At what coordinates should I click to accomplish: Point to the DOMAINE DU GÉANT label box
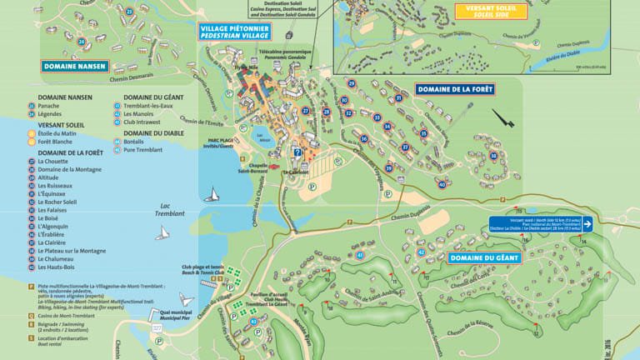[484, 257]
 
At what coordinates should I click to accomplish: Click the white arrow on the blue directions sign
[587, 223]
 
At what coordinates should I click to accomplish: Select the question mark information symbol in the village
[297, 152]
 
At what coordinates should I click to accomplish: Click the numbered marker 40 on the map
[442, 184]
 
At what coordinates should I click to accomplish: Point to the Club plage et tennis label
[203, 270]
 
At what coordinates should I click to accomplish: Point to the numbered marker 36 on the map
[363, 138]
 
